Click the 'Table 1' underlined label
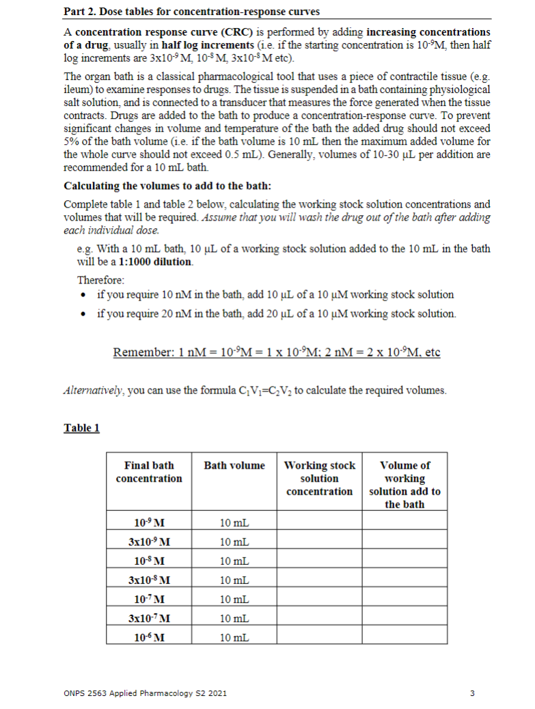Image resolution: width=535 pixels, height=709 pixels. click(81, 428)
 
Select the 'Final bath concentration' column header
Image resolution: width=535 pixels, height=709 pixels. click(149, 472)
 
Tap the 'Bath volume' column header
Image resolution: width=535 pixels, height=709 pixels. click(234, 466)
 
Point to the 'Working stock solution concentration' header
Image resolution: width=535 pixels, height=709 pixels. click(319, 478)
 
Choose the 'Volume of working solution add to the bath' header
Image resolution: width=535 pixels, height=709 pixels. click(404, 484)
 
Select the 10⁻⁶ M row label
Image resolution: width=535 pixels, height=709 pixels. click(149, 637)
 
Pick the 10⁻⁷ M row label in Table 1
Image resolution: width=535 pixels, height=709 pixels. click(149, 600)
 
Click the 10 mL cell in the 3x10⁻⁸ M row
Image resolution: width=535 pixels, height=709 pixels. click(234, 581)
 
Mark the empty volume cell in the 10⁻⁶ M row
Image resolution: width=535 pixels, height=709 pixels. click(404, 637)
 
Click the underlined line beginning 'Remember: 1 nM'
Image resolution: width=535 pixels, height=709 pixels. click(276, 352)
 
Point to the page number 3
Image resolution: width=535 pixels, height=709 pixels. click(472, 693)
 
